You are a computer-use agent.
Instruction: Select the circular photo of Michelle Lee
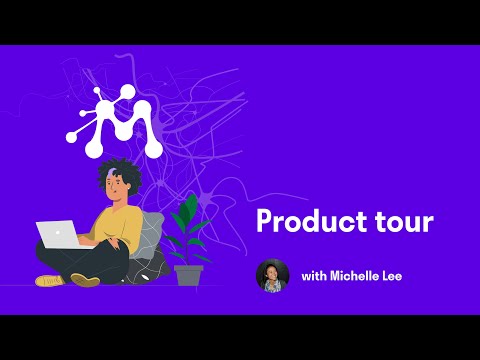pos(273,276)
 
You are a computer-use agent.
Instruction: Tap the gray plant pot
pos(188,274)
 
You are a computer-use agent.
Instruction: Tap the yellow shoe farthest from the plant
pos(50,280)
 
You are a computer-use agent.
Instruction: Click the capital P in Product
pos(264,221)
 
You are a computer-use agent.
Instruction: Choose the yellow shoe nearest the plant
pos(85,280)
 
